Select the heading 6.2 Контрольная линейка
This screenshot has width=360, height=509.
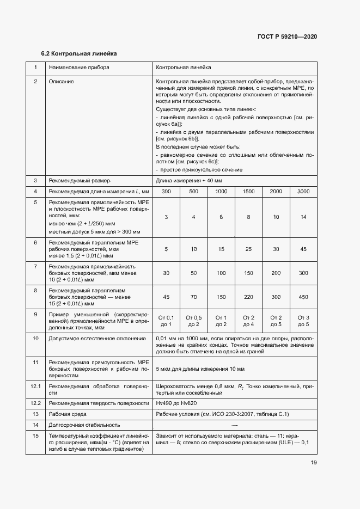coord(79,54)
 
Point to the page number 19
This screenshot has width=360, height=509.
coord(314,463)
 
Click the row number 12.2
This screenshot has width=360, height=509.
coord(35,403)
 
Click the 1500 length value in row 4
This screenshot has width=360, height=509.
coord(248,192)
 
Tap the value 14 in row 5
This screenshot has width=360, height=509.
coord(303,217)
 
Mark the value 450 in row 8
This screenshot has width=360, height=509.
coord(303,297)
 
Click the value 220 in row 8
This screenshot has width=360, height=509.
coord(248,297)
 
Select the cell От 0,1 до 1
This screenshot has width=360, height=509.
coord(166,321)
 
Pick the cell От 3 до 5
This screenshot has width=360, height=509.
coord(303,321)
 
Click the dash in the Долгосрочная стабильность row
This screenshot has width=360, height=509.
coord(235,425)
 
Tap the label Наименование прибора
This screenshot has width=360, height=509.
coord(78,68)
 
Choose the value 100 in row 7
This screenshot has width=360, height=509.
coord(221,272)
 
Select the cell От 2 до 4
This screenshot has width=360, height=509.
coord(248,321)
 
